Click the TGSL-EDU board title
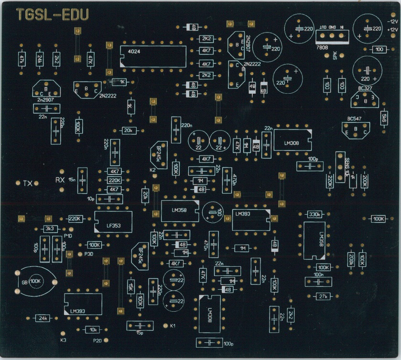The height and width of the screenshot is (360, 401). click(x=53, y=15)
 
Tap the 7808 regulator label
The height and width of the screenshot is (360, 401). click(x=323, y=47)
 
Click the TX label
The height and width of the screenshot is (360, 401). click(x=28, y=183)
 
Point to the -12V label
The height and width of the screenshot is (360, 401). click(x=392, y=22)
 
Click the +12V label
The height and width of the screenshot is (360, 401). click(x=392, y=30)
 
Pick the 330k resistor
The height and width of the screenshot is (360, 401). click(x=315, y=214)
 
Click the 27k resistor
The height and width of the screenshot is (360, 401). click(x=324, y=297)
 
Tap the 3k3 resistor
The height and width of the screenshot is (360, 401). click(x=51, y=229)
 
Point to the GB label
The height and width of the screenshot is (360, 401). click(x=24, y=282)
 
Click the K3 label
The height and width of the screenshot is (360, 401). click(x=64, y=340)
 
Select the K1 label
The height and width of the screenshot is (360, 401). click(x=173, y=326)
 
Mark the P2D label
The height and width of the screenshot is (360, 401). click(x=98, y=340)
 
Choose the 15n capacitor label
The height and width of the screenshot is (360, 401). click(x=72, y=179)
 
